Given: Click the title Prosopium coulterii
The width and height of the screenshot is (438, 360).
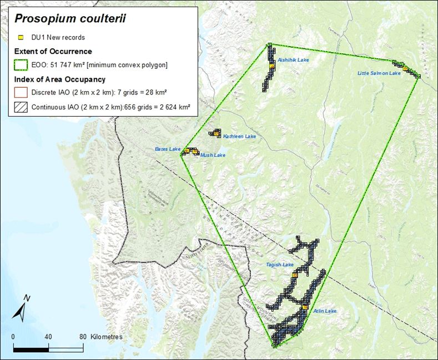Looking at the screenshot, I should pos(70,18).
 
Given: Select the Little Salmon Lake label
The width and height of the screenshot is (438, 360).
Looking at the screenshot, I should pos(379,73).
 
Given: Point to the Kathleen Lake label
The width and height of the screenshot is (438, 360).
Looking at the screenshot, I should pos(239,136).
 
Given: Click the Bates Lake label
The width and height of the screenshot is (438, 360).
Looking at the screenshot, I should pos(168,149).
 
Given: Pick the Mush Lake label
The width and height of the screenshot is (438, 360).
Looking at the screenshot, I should pos(213,156).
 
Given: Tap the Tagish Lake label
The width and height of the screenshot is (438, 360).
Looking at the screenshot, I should pos(280,265).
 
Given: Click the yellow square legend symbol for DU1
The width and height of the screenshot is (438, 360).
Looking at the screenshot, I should pos(21,38).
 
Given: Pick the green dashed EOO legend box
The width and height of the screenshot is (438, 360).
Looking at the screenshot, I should pos(21,65).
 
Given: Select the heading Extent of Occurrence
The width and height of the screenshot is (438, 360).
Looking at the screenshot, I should pos(53,52).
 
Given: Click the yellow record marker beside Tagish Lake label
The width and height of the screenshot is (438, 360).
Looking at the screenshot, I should pos(295,274).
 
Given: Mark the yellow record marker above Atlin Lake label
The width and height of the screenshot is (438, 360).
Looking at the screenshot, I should pos(305,306).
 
